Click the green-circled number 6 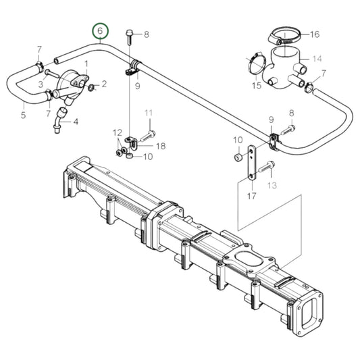[100, 32]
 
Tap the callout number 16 [315, 33]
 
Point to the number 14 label [317, 59]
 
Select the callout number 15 [257, 86]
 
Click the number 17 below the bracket [251, 197]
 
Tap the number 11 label [149, 113]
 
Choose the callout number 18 [161, 145]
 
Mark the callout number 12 [116, 132]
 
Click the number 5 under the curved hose [23, 115]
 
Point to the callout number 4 [75, 122]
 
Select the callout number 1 [86, 63]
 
